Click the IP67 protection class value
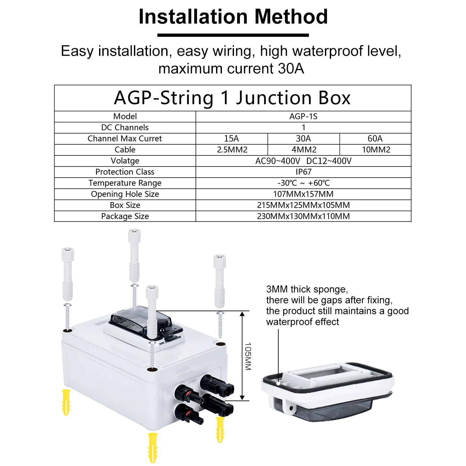pyautogui.click(x=303, y=172)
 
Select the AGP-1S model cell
pyautogui.click(x=303, y=116)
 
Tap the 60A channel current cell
pyautogui.click(x=375, y=138)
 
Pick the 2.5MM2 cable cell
pyautogui.click(x=232, y=150)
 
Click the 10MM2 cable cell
pyautogui.click(x=376, y=150)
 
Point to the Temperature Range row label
pyautogui.click(x=125, y=183)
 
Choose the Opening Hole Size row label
pyautogui.click(x=125, y=194)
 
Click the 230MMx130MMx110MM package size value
pyautogui.click(x=303, y=216)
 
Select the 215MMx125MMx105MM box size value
pyautogui.click(x=303, y=205)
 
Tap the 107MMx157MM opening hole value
pyautogui.click(x=303, y=194)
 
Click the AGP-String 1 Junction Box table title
pyautogui.click(x=232, y=98)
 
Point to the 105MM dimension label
pyautogui.click(x=248, y=356)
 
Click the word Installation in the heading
pyautogui.click(x=193, y=17)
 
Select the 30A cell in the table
pyautogui.click(x=303, y=138)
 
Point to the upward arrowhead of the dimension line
pyautogui.click(x=242, y=314)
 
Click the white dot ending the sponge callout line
pyautogui.click(x=278, y=384)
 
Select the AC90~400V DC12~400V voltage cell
pyautogui.click(x=303, y=161)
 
